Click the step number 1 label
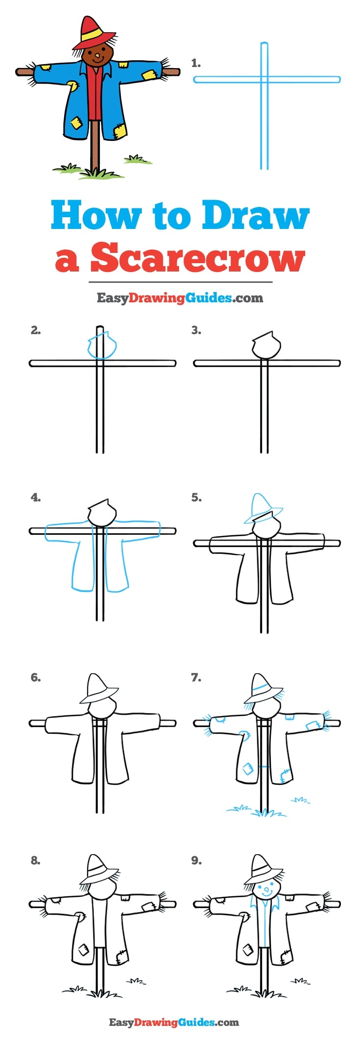196,63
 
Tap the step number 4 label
35,498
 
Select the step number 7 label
196,678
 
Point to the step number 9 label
196,861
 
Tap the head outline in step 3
267,345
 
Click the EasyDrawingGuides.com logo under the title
180,297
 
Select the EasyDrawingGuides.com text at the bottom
174,1022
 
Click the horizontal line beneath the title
180,282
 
